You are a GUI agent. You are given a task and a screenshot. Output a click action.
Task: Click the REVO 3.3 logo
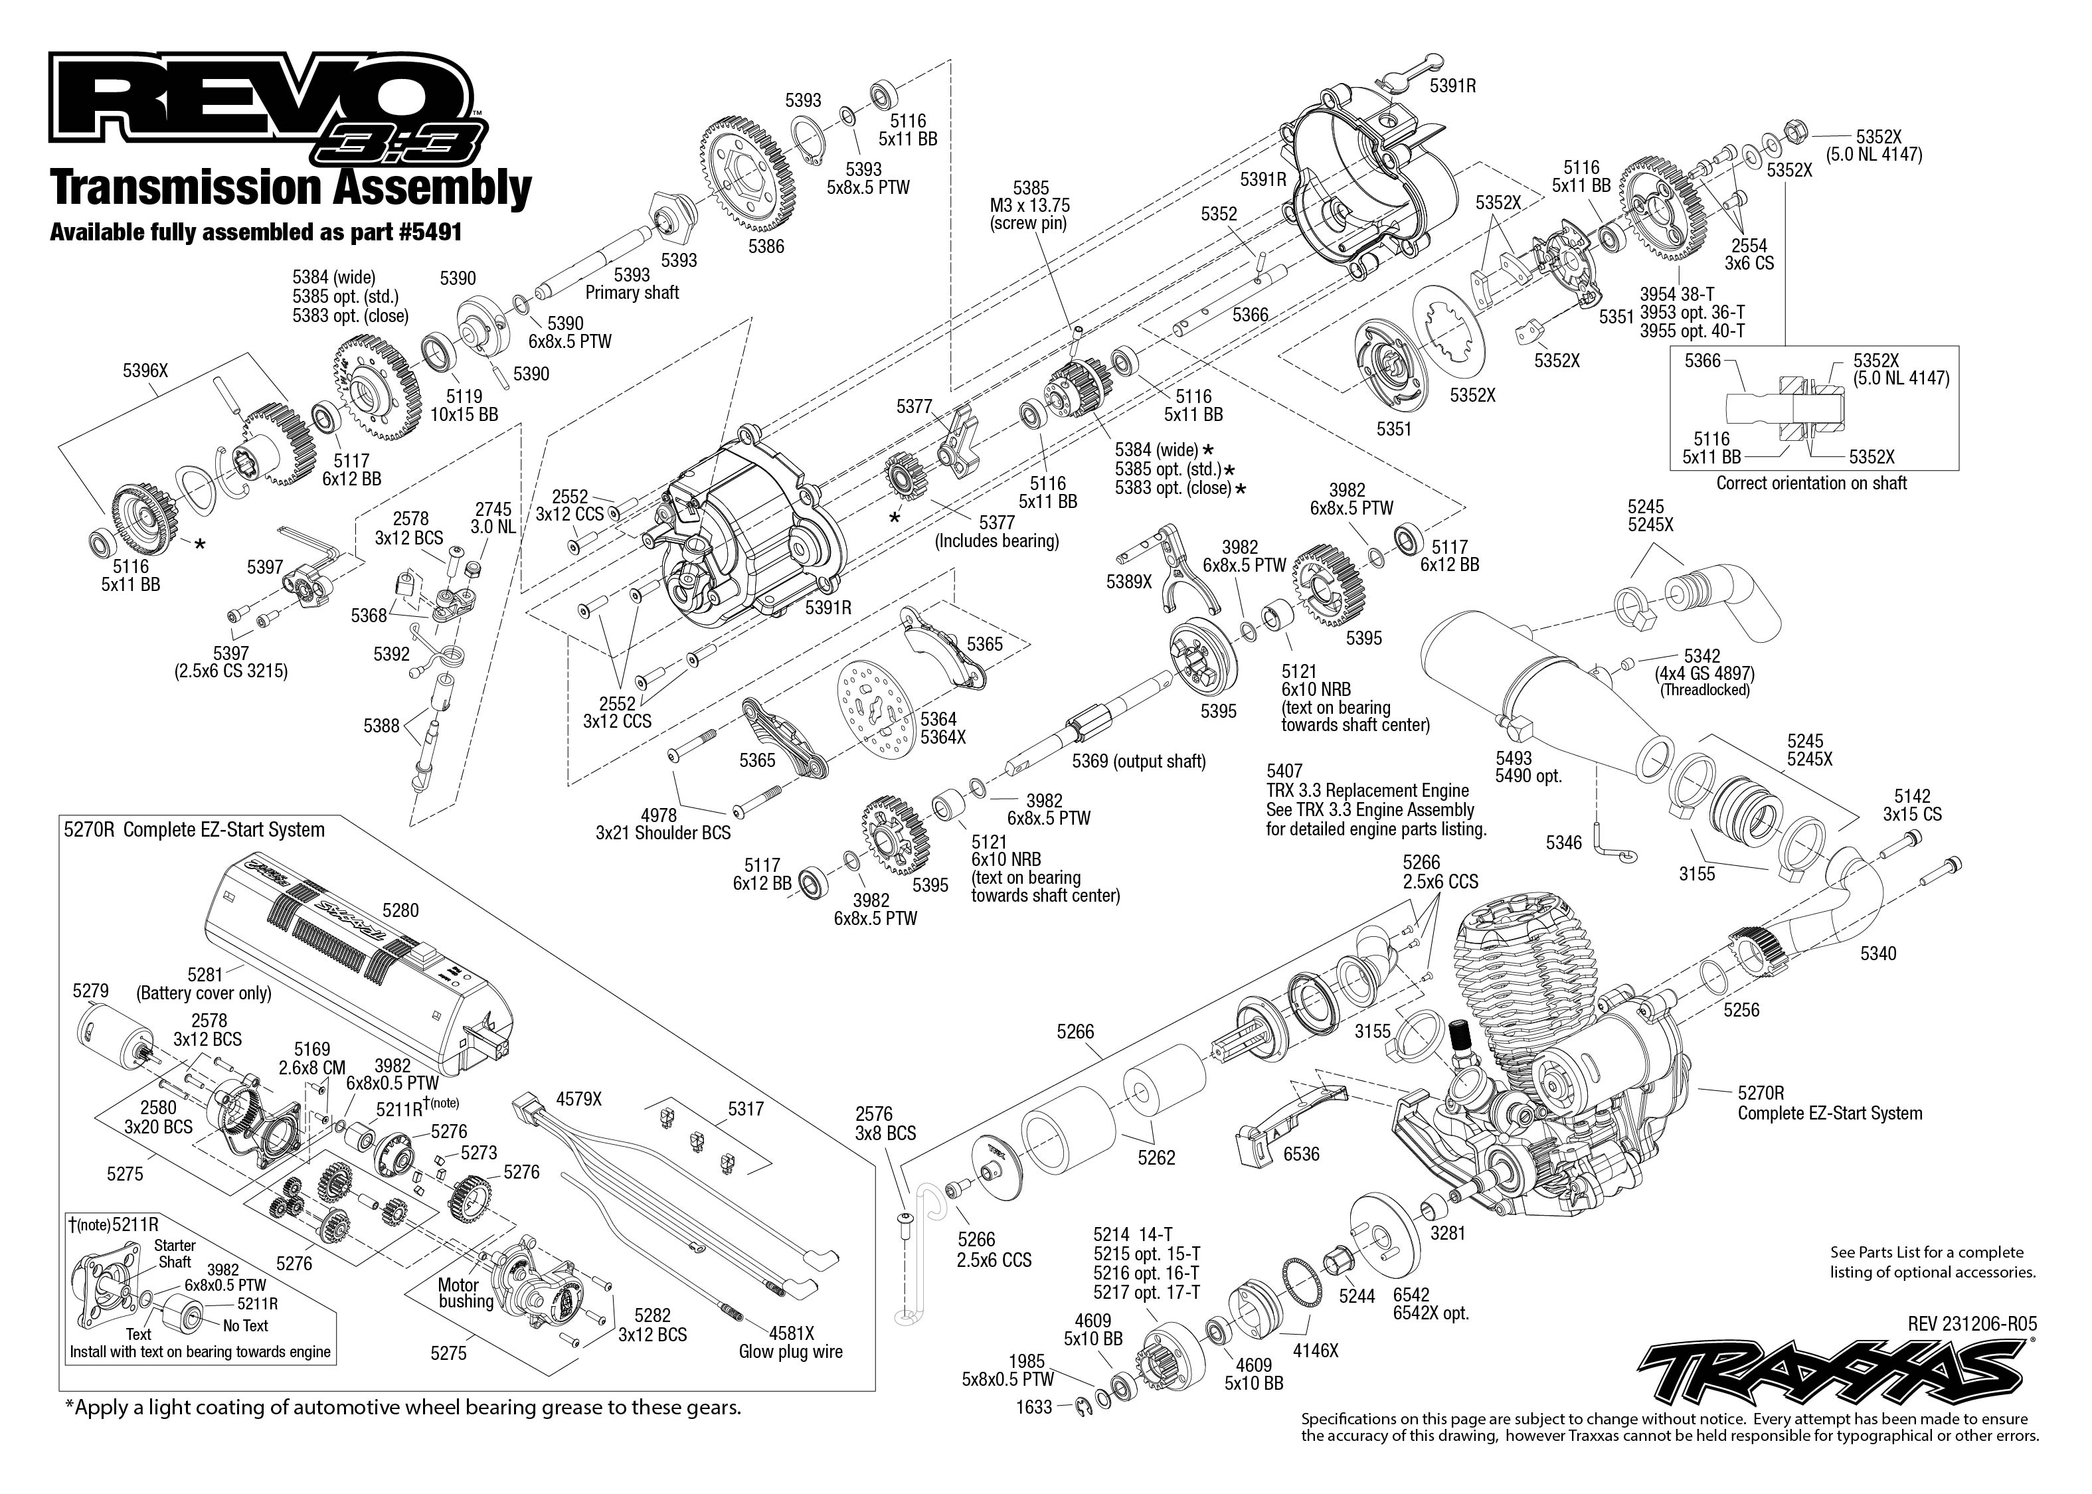[x=267, y=110]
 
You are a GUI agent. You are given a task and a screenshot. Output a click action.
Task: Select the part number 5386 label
[x=766, y=246]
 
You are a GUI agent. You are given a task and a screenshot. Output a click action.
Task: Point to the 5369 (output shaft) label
[x=1138, y=761]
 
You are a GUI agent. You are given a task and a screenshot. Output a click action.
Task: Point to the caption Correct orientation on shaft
[x=1810, y=483]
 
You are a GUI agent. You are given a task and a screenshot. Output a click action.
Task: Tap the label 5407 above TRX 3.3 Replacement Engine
[x=1284, y=771]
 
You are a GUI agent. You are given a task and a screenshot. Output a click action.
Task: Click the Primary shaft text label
[x=632, y=293]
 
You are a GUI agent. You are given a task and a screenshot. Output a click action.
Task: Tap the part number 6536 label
[x=1301, y=1153]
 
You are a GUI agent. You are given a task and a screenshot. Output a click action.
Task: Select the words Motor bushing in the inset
[x=466, y=1293]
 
